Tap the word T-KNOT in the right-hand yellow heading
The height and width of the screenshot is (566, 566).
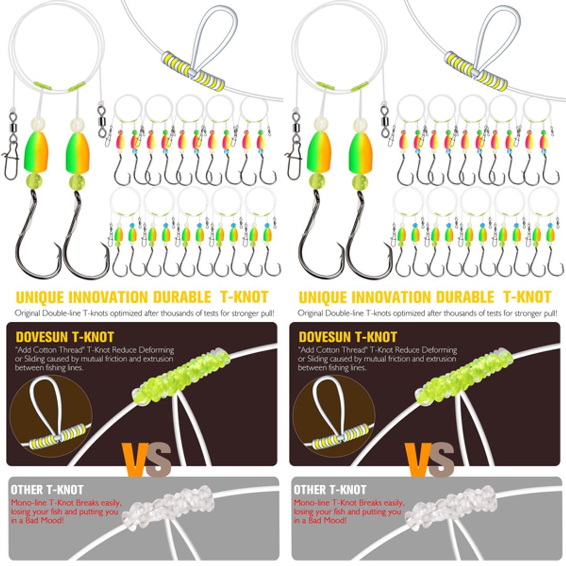point(527,297)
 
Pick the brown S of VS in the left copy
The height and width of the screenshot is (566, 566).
point(159,460)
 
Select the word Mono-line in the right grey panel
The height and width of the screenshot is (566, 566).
point(310,503)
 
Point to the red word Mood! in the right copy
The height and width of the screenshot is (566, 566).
point(335,520)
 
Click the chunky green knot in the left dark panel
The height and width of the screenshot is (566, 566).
point(183,375)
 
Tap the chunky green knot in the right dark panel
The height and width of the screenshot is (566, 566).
point(466,375)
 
